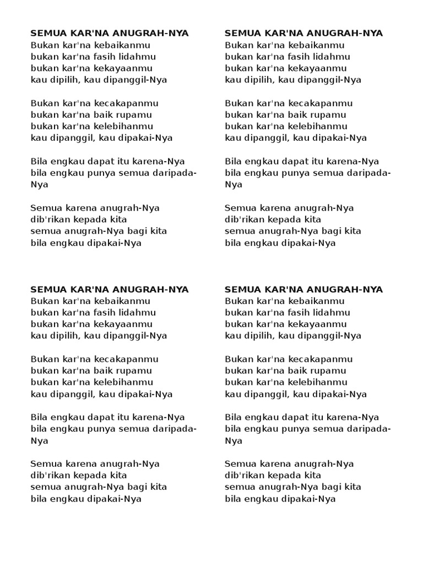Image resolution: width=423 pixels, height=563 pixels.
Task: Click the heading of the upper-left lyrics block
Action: pos(110,34)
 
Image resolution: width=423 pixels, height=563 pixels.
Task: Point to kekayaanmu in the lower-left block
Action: pos(128,324)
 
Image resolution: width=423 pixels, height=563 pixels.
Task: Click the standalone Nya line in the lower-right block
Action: pos(234,440)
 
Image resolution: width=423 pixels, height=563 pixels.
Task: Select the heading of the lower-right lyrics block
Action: pos(303,290)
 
